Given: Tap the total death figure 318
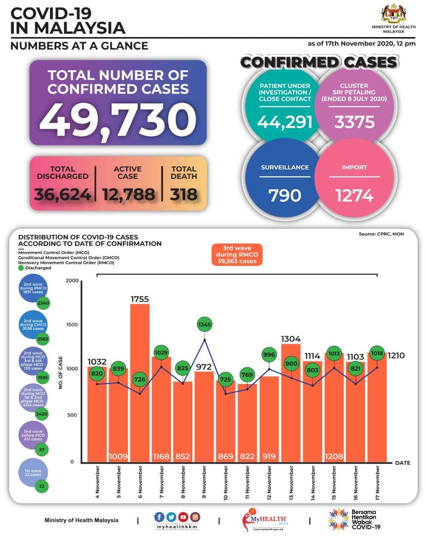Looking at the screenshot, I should pyautogui.click(x=184, y=195).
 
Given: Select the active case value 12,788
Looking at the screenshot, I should pyautogui.click(x=128, y=195).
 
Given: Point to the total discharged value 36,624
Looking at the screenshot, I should pyautogui.click(x=62, y=195).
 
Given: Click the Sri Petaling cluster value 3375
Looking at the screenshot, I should pyautogui.click(x=354, y=122).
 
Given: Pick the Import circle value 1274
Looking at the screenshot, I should pyautogui.click(x=354, y=196).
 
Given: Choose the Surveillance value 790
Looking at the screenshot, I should pyautogui.click(x=285, y=196).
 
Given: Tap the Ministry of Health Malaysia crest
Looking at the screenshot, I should pyautogui.click(x=393, y=15).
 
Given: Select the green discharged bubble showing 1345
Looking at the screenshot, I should pyautogui.click(x=204, y=324).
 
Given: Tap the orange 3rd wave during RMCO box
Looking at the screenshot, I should pyautogui.click(x=237, y=254).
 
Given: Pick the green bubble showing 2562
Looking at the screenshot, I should pyautogui.click(x=42, y=339).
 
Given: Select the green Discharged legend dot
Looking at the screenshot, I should pyautogui.click(x=21, y=268).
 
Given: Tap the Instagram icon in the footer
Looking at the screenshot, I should pyautogui.click(x=195, y=517).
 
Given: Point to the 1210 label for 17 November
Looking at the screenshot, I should pyautogui.click(x=396, y=356).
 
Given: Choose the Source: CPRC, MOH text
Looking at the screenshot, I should pyautogui.click(x=381, y=234).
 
